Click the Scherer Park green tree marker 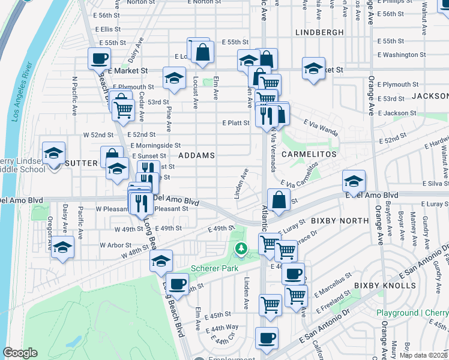241,248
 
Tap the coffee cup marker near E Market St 99,59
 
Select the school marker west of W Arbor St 62,247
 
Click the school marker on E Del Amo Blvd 354,181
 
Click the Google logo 20,353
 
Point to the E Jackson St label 396,113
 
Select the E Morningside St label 155,145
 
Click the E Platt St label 235,122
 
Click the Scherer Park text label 210,268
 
